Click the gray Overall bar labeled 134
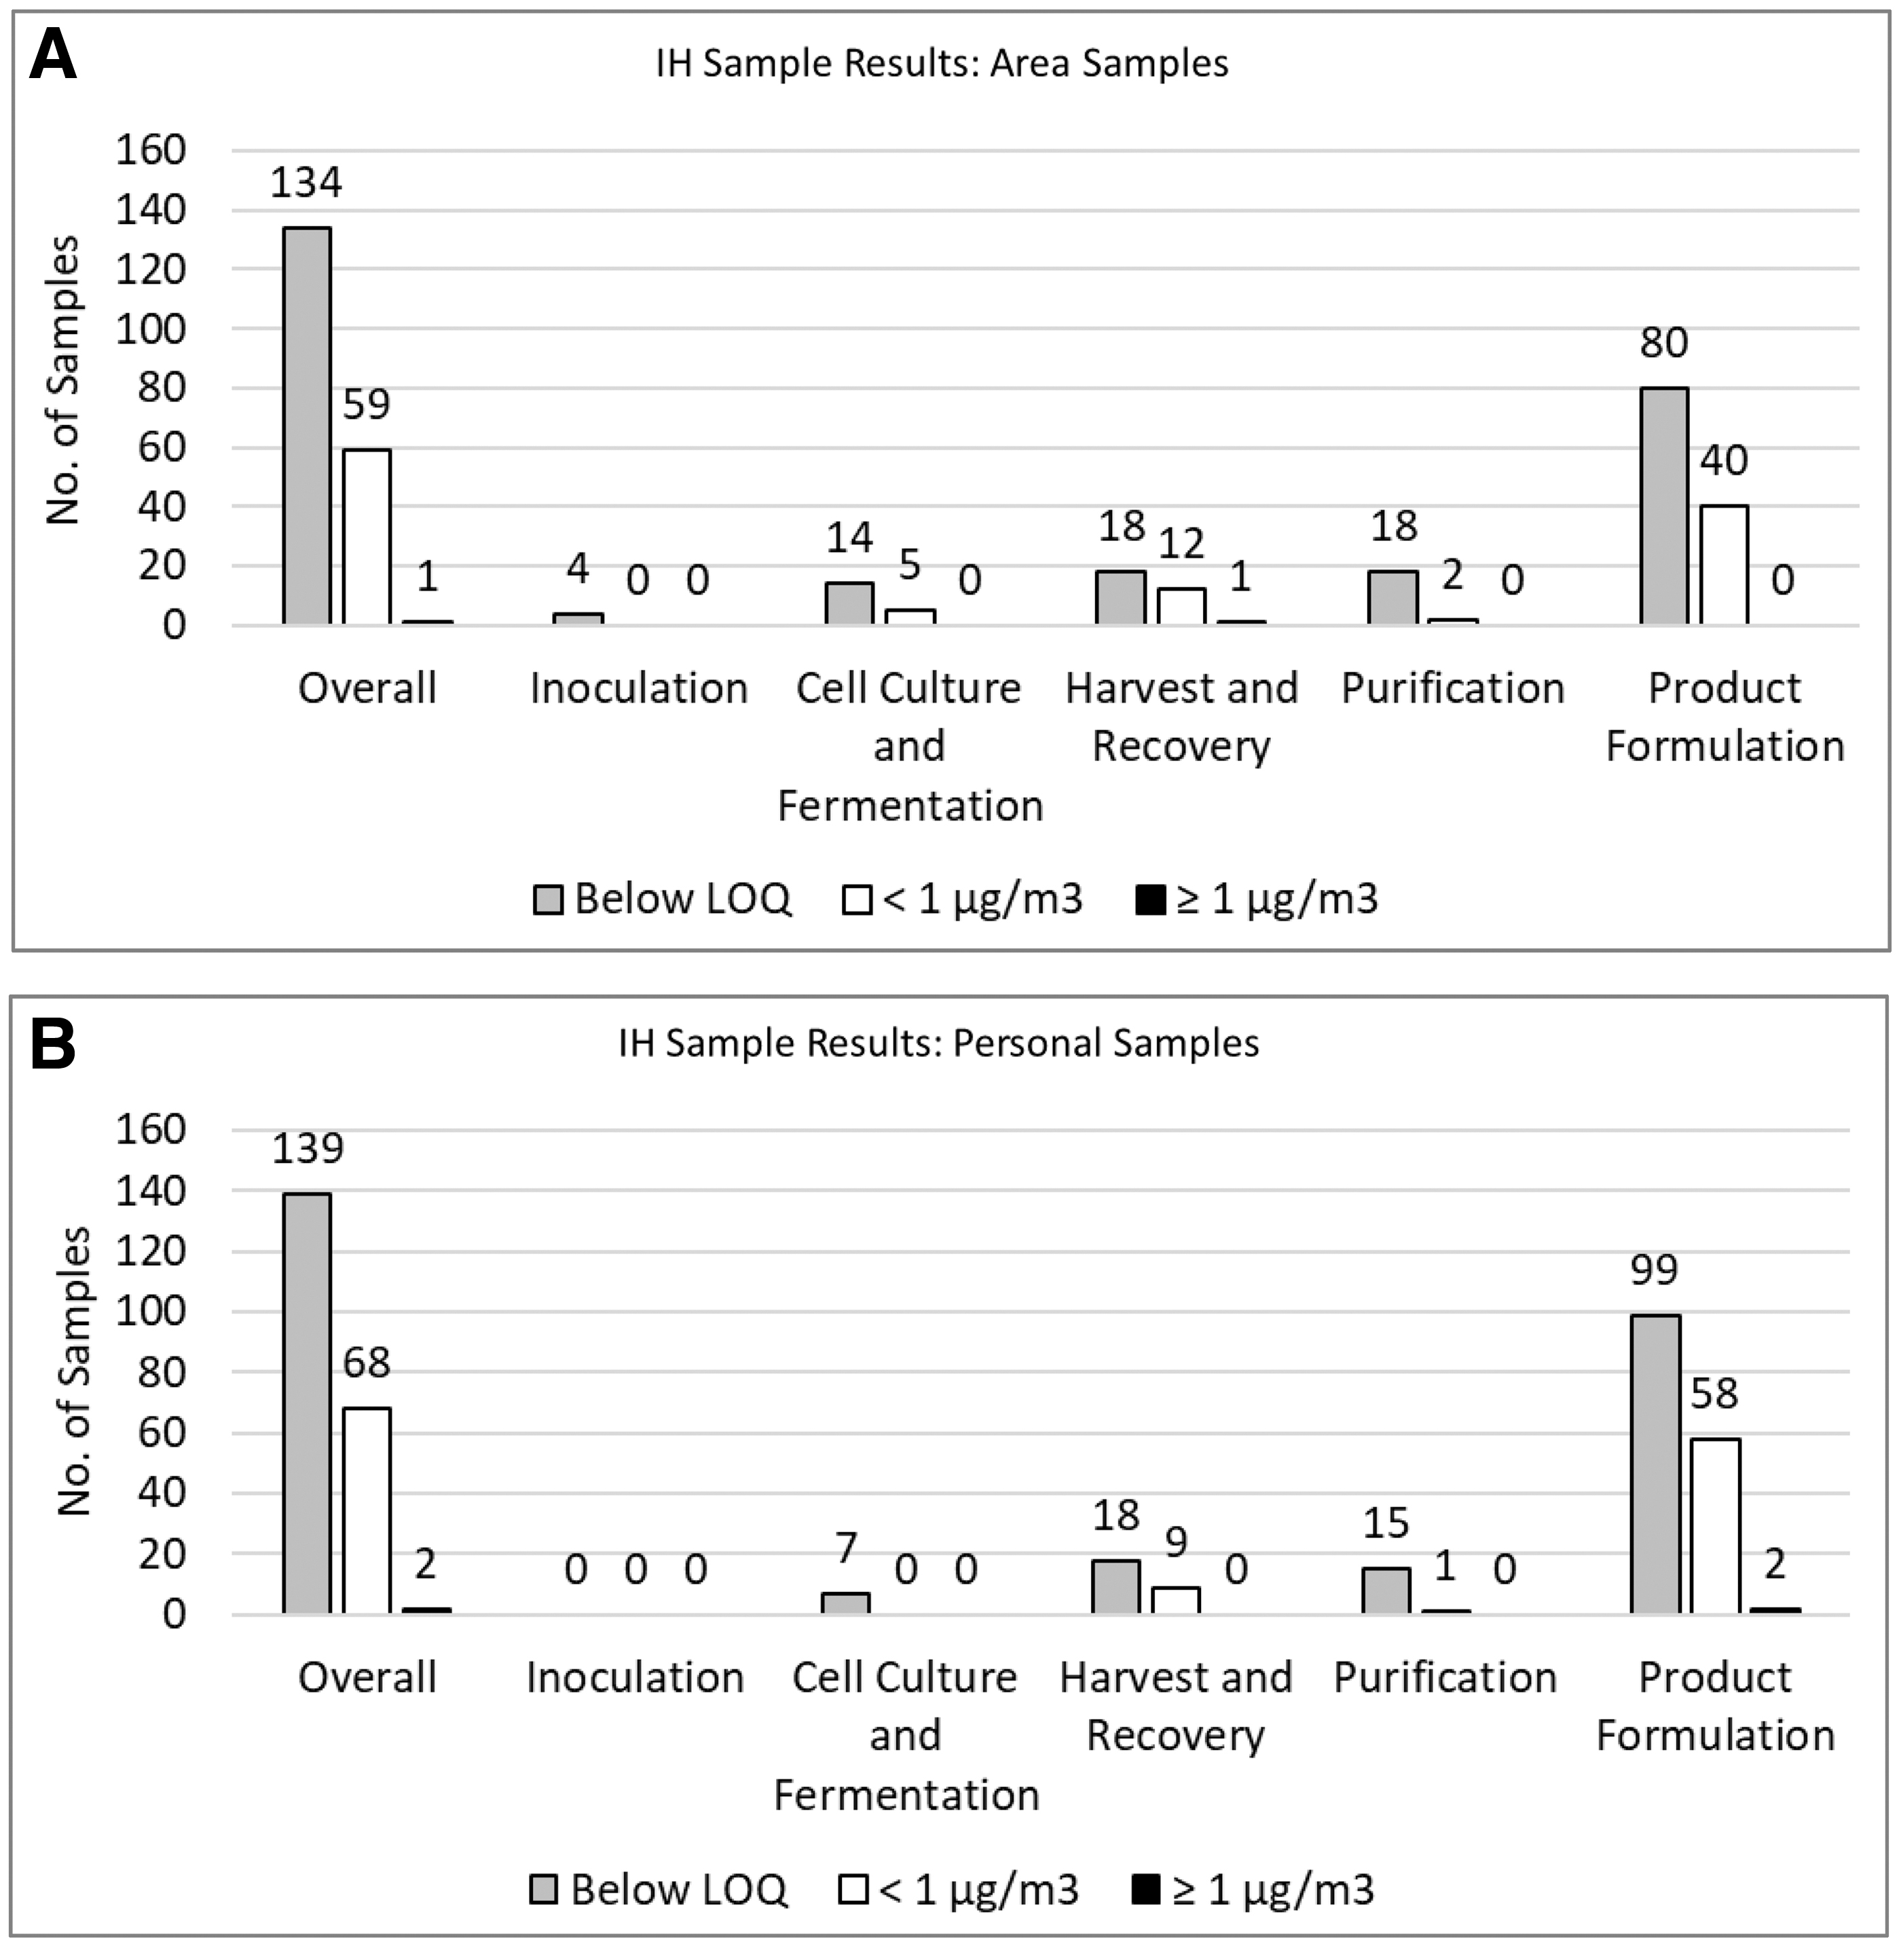(306, 426)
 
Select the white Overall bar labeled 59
(367, 537)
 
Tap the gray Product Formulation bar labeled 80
(1664, 506)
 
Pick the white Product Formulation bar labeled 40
(1724, 565)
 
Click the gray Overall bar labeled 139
(306, 1403)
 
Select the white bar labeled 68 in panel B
(367, 1510)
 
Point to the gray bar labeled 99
(1655, 1464)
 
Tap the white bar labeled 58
(1715, 1525)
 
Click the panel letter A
(53, 56)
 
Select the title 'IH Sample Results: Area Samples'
(942, 63)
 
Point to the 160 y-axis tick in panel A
(151, 150)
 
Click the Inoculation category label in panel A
(639, 688)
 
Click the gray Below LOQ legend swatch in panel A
(547, 900)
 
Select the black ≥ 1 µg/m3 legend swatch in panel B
(1146, 1890)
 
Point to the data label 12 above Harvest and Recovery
(1181, 543)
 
